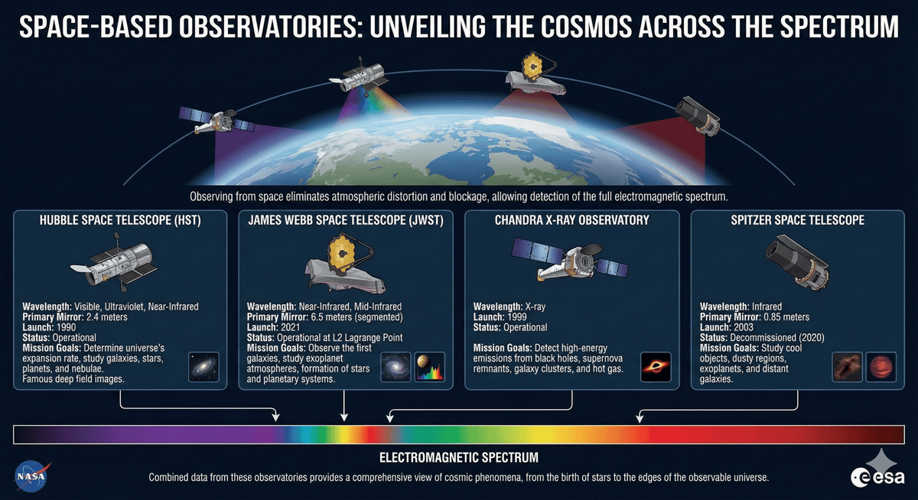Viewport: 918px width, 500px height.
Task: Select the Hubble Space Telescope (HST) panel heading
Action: tap(120, 220)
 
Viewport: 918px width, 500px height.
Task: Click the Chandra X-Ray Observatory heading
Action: tap(572, 220)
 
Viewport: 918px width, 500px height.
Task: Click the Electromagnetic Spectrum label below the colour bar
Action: tap(459, 457)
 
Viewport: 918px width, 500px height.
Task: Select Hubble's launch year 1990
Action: tap(66, 326)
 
